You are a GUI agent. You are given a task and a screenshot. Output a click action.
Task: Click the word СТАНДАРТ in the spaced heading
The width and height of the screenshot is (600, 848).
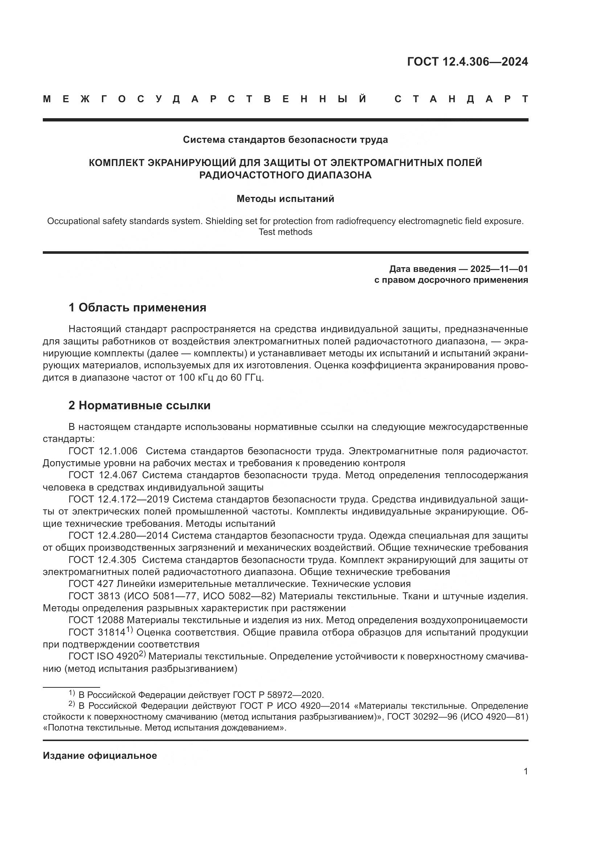pyautogui.click(x=461, y=99)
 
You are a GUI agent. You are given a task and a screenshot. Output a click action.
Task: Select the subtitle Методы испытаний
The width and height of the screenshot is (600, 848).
pyautogui.click(x=285, y=199)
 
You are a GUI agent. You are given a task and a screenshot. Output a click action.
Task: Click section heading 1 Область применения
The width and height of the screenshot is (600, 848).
pyautogui.click(x=137, y=307)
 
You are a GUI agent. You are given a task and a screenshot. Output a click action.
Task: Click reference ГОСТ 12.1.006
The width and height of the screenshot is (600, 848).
pyautogui.click(x=103, y=451)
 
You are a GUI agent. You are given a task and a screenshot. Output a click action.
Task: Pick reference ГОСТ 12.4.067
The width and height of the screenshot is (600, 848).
pyautogui.click(x=103, y=475)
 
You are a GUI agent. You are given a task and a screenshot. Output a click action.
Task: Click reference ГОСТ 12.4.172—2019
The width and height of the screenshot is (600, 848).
pyautogui.click(x=119, y=499)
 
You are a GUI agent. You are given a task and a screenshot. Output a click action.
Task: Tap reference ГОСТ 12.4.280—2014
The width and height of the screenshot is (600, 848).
pyautogui.click(x=118, y=535)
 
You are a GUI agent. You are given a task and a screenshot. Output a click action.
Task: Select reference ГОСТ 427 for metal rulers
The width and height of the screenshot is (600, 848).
pyautogui.click(x=91, y=584)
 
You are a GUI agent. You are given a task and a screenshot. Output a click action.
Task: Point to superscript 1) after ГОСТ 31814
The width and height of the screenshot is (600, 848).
pyautogui.click(x=129, y=630)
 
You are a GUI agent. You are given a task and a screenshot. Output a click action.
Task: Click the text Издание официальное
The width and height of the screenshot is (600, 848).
pyautogui.click(x=100, y=756)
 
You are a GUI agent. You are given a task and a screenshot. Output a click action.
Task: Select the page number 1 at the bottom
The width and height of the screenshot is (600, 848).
pyautogui.click(x=525, y=782)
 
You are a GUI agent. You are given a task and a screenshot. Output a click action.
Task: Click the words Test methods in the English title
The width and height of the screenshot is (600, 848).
pyautogui.click(x=285, y=232)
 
